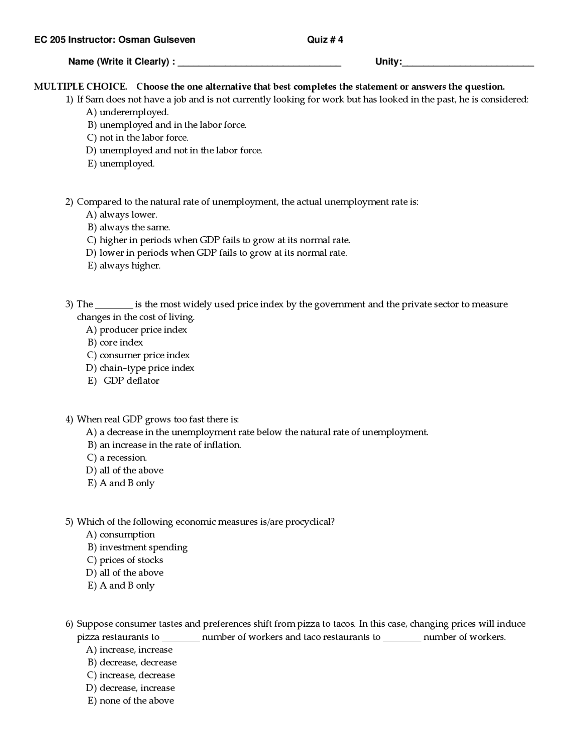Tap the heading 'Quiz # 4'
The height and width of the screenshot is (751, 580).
point(325,40)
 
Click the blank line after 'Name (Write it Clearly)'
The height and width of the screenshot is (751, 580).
point(259,63)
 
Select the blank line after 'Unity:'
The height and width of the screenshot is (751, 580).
point(468,63)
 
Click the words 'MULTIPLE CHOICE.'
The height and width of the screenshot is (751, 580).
point(81,87)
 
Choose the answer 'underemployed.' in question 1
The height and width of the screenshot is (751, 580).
point(134,112)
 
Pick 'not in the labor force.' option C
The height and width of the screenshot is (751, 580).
point(144,137)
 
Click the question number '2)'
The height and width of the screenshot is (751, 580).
point(69,202)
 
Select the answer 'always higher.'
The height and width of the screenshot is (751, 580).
point(130,266)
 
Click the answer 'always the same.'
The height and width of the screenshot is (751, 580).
point(135,227)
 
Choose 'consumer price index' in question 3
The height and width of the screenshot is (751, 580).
point(145,355)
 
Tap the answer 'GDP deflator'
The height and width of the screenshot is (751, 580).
point(131,381)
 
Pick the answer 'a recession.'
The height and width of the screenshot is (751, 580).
point(123,458)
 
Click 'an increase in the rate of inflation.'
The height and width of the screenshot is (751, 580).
point(170,445)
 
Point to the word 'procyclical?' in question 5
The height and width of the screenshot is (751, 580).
point(310,522)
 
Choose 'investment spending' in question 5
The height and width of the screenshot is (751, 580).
point(143,547)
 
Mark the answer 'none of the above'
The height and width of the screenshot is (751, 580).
point(136,701)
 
